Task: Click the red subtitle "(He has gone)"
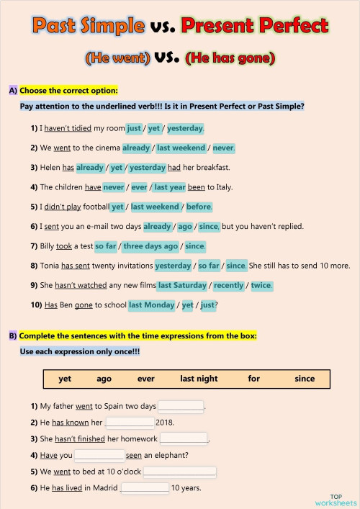click(x=230, y=57)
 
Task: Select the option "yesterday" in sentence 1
click(x=185, y=128)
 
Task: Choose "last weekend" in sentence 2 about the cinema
click(x=182, y=148)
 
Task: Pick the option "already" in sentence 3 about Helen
click(x=90, y=167)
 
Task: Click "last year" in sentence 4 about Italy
click(x=170, y=186)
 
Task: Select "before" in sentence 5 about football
click(x=199, y=207)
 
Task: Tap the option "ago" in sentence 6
click(x=186, y=226)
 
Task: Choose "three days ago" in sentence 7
click(x=150, y=246)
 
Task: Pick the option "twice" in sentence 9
click(x=261, y=285)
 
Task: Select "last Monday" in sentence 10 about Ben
click(x=151, y=305)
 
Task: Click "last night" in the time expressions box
click(x=199, y=379)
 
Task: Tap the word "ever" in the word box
click(x=146, y=379)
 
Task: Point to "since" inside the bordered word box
click(x=305, y=379)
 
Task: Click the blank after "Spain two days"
click(x=181, y=406)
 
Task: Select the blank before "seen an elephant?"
click(x=99, y=455)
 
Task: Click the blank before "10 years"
click(x=145, y=488)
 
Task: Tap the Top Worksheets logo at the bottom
click(x=336, y=499)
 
